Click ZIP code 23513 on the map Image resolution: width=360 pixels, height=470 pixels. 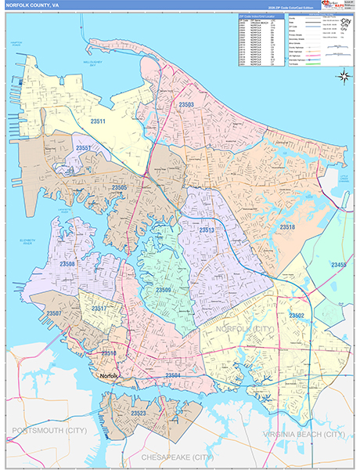coord(207,230)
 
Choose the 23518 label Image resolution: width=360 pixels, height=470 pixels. coord(287,226)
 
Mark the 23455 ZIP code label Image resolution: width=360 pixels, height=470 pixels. coord(340,266)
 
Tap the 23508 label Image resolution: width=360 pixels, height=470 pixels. coord(67,265)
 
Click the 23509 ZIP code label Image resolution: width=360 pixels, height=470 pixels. coord(163,291)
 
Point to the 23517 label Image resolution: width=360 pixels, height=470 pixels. coord(100,309)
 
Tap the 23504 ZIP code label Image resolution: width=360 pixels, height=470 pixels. coord(174,376)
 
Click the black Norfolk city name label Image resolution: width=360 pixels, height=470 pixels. coord(107,377)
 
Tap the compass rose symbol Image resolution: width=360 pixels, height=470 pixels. coord(344,76)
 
